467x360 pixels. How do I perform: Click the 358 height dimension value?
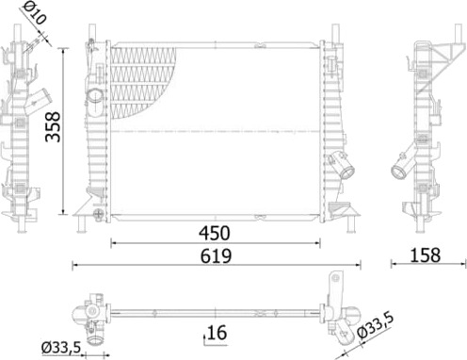[x=53, y=127]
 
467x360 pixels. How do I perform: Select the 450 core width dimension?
[x=215, y=234]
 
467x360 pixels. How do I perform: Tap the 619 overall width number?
[x=216, y=256]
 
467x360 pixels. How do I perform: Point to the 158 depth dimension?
[x=426, y=255]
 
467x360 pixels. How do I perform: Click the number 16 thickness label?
[x=217, y=333]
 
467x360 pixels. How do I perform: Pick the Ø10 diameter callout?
[x=35, y=11]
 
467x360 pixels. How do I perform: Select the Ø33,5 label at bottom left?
[x=61, y=348]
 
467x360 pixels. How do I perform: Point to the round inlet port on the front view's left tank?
[x=95, y=95]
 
